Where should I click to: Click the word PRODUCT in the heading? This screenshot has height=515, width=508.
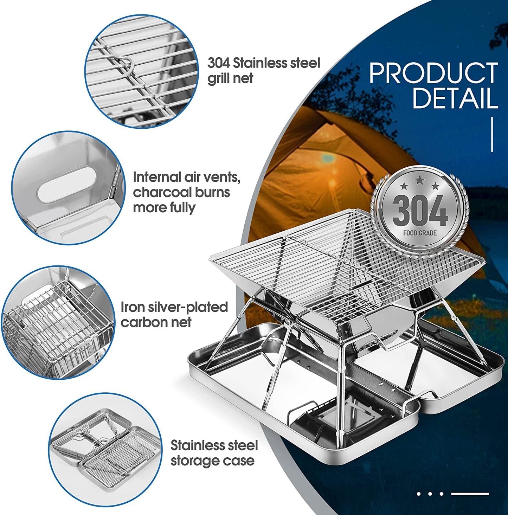click(433, 73)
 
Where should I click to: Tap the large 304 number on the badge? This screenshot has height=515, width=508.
click(420, 211)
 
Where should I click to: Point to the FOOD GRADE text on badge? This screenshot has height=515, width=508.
click(420, 233)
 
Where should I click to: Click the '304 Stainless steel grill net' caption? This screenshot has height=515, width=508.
click(264, 70)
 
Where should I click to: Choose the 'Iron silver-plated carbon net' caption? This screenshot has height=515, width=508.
click(174, 314)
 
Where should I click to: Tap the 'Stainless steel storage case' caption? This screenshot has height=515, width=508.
click(214, 453)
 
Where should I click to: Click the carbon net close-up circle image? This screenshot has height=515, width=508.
click(58, 323)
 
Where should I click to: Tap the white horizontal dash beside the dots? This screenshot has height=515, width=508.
click(470, 494)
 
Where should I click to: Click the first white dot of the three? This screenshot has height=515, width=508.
click(419, 494)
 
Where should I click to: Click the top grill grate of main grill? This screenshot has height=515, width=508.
click(337, 260)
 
